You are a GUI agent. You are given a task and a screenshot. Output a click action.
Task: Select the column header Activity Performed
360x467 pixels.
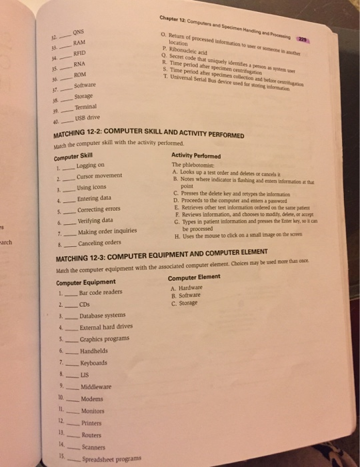click(x=197, y=153)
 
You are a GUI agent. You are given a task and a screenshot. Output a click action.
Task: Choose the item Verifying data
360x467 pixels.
click(x=95, y=221)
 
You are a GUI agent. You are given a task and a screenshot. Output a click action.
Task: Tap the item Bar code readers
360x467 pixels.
click(x=100, y=292)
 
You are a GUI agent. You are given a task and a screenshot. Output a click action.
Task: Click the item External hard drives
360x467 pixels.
click(x=104, y=328)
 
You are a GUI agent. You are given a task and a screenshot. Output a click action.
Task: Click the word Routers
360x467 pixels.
click(x=92, y=434)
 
